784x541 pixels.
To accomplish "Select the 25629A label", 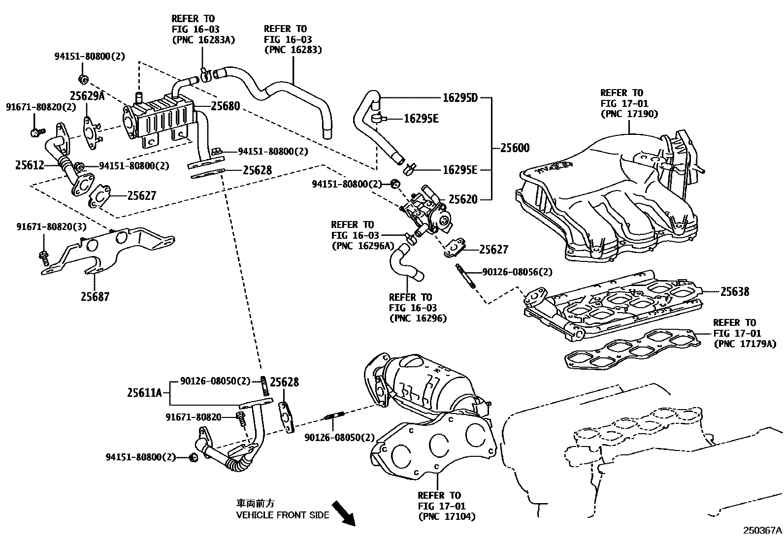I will [87, 95].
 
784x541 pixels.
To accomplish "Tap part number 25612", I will [30, 165].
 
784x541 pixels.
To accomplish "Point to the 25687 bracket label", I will [96, 296].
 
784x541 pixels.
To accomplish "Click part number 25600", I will [515, 148].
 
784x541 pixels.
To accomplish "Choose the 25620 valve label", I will [463, 199].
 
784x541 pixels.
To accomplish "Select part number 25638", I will [735, 291].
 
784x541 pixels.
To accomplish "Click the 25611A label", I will [144, 392].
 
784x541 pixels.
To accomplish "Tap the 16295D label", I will [460, 97].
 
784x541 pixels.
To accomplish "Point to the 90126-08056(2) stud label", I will [517, 272].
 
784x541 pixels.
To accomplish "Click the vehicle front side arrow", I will [343, 513].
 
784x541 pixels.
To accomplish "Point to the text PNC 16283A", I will [203, 40].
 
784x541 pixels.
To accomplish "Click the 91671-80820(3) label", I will [51, 227].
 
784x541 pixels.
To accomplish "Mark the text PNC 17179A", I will [745, 344].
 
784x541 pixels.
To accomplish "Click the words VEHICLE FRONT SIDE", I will [282, 515].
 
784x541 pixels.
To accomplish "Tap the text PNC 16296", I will [418, 318].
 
